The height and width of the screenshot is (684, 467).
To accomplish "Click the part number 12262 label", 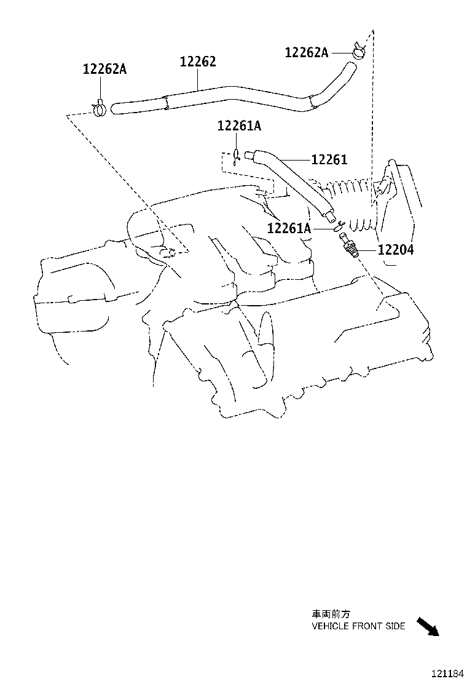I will coord(198,62).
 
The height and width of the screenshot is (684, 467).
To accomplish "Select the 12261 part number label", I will coord(329,160).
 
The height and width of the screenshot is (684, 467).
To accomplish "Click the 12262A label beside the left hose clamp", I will coord(104,70).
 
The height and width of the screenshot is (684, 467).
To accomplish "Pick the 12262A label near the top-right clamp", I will coord(306,53).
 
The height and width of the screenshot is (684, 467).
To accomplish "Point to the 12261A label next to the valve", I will coord(289,229).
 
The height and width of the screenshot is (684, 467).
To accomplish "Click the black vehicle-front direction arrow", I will coord(428,626).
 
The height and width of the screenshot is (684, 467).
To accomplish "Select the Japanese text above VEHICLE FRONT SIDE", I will coord(331,614).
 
